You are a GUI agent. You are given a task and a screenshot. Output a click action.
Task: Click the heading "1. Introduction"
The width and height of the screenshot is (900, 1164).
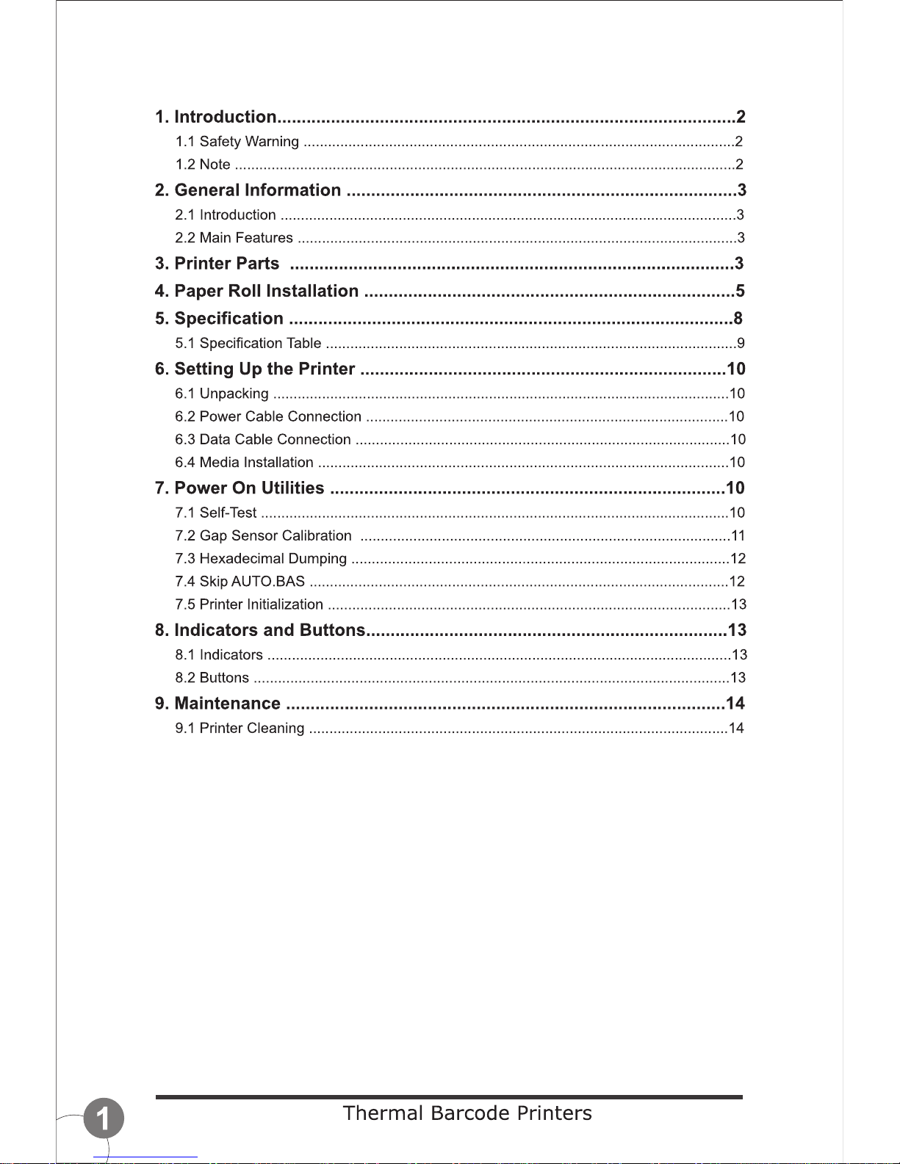click(215, 117)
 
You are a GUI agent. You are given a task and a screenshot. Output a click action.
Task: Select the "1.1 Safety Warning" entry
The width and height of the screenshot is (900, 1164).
click(237, 142)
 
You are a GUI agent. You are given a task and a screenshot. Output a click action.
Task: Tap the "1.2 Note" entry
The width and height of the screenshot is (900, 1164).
click(203, 165)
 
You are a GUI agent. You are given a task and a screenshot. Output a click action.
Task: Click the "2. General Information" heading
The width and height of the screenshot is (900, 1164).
click(248, 190)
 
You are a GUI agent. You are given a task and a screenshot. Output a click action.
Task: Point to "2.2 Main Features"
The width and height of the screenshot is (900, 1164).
click(234, 238)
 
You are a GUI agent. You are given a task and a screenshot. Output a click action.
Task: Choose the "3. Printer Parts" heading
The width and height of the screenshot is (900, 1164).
click(217, 264)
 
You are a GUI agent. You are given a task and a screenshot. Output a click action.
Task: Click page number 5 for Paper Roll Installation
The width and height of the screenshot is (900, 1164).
click(740, 291)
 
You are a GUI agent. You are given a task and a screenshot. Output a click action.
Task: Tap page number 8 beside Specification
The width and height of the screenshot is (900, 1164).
click(738, 318)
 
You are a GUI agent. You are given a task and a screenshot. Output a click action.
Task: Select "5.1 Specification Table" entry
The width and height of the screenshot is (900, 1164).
click(248, 343)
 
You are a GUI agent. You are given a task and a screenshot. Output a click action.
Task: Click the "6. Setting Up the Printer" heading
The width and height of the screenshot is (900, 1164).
click(255, 369)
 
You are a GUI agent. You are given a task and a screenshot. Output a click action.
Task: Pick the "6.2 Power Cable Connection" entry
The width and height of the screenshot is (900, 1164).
click(267, 416)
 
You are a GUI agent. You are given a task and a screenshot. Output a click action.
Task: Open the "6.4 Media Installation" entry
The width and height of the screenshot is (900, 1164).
click(244, 462)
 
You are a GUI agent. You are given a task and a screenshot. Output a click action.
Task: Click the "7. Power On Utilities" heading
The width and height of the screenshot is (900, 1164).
click(239, 488)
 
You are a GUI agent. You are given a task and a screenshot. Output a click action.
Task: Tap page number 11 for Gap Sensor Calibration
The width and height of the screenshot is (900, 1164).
click(738, 536)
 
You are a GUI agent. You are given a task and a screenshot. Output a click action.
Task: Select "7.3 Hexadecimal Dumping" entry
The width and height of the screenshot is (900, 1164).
click(260, 559)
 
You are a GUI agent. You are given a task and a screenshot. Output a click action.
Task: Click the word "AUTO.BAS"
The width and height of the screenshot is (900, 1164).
click(267, 582)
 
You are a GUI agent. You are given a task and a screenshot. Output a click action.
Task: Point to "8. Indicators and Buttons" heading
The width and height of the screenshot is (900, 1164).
click(259, 630)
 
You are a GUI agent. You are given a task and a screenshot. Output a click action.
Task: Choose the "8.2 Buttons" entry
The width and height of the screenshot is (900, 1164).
click(212, 678)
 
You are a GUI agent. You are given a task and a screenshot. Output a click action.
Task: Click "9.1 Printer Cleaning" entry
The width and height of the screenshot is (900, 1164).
click(240, 729)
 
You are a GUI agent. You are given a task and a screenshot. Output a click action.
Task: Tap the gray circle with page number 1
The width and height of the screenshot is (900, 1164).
click(104, 1118)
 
